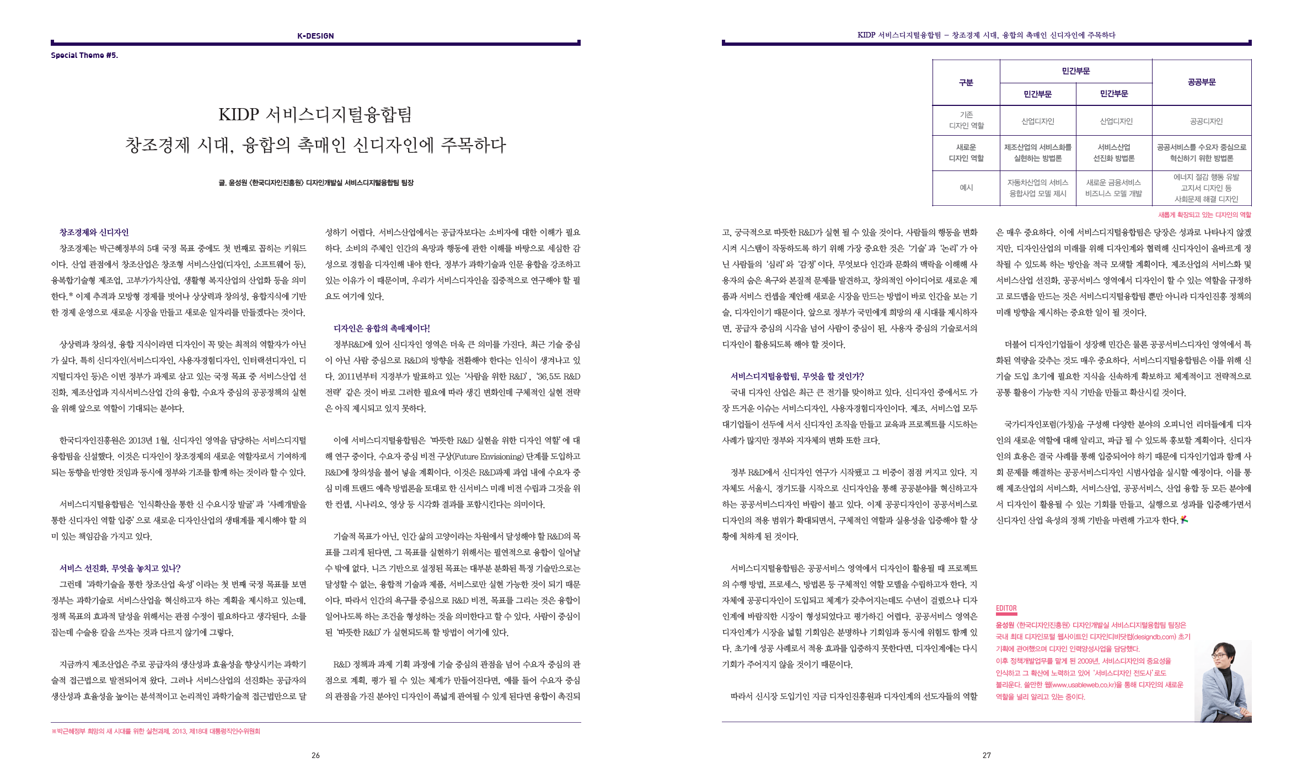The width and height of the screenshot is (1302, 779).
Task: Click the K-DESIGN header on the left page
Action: click(315, 36)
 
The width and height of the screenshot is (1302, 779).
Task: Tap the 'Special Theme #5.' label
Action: click(84, 55)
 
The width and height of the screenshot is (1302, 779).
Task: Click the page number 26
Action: click(315, 755)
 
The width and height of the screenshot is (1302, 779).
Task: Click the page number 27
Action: click(987, 755)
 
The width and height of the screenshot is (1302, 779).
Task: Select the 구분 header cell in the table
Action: click(966, 83)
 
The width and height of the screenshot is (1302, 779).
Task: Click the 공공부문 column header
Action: click(1201, 82)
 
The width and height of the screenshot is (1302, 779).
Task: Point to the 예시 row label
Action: click(966, 188)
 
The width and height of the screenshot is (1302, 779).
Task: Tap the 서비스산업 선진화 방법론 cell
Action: click(1113, 153)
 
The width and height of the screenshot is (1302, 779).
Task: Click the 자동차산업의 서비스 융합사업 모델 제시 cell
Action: click(1037, 188)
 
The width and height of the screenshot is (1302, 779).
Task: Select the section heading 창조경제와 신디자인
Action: click(94, 233)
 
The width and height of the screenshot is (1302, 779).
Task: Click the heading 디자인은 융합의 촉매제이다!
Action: click(381, 329)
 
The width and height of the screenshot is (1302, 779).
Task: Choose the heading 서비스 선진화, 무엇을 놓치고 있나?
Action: click(120, 569)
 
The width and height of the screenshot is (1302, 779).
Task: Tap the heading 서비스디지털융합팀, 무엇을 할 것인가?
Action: click(797, 377)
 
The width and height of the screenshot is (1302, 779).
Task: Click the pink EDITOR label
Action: click(1006, 609)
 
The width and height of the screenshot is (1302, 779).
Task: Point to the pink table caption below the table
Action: click(1204, 215)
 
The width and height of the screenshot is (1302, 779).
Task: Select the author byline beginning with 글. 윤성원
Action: click(315, 183)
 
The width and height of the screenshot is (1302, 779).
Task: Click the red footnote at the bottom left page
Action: click(156, 732)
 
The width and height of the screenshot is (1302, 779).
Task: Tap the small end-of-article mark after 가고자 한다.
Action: click(1184, 520)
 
